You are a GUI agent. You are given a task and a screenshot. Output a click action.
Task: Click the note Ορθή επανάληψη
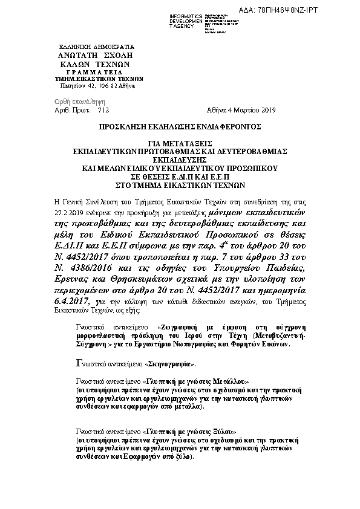pyautogui.click(x=71, y=102)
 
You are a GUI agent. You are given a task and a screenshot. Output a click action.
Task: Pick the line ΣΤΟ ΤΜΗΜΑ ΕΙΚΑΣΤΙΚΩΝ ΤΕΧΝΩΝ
pyautogui.click(x=179, y=186)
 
